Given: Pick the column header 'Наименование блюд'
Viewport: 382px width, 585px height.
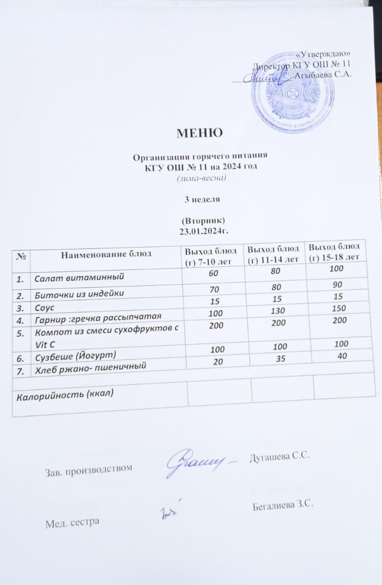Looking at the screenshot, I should (106, 254).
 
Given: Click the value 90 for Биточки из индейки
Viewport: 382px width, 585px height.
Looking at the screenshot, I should (336, 288).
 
